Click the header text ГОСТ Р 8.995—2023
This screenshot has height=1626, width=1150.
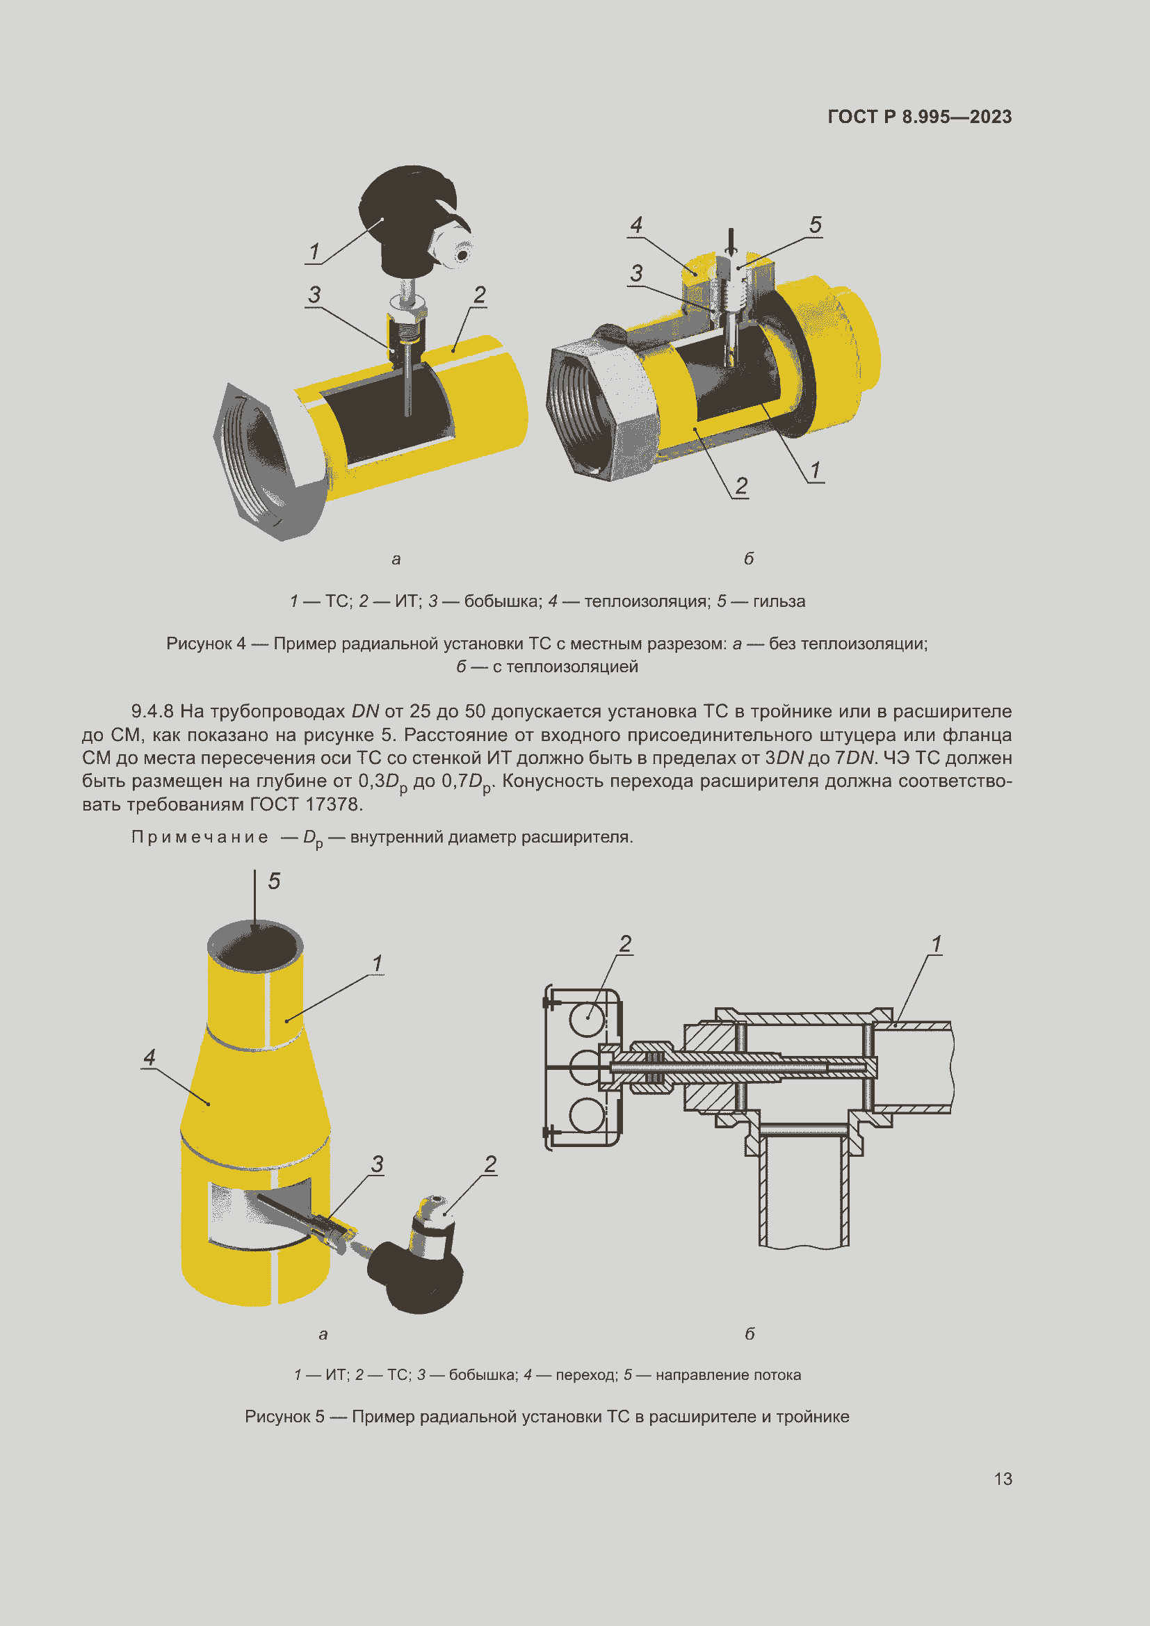point(919,117)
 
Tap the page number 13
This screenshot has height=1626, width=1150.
point(1003,1479)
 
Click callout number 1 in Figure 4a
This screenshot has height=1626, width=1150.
point(314,252)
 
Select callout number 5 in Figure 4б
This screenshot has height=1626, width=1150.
point(815,225)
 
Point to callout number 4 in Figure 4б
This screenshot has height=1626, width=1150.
point(636,225)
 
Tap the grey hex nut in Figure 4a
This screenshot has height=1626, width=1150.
point(262,460)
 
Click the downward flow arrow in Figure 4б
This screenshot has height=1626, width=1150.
point(731,242)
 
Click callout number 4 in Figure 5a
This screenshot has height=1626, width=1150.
point(149,1057)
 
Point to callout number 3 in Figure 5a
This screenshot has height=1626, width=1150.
point(377,1164)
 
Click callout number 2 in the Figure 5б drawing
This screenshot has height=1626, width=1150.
point(625,944)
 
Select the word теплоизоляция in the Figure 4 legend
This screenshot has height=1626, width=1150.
point(647,601)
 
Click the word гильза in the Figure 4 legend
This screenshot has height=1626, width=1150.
point(779,601)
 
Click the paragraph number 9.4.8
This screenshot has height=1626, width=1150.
point(152,711)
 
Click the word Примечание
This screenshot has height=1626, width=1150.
point(200,837)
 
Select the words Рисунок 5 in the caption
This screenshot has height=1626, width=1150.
point(284,1416)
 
